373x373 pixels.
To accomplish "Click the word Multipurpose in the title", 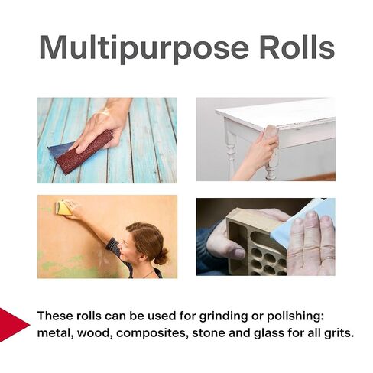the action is click(144, 49).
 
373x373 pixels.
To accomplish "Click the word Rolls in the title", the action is click(297, 47).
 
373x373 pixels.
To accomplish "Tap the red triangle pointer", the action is click(14, 325).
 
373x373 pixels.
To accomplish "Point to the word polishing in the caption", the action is click(295, 316).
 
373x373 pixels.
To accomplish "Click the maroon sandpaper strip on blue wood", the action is click(84, 152).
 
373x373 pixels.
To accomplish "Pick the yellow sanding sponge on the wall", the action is click(63, 208).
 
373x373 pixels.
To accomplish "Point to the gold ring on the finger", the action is click(329, 259).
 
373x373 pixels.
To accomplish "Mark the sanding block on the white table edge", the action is click(271, 133).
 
